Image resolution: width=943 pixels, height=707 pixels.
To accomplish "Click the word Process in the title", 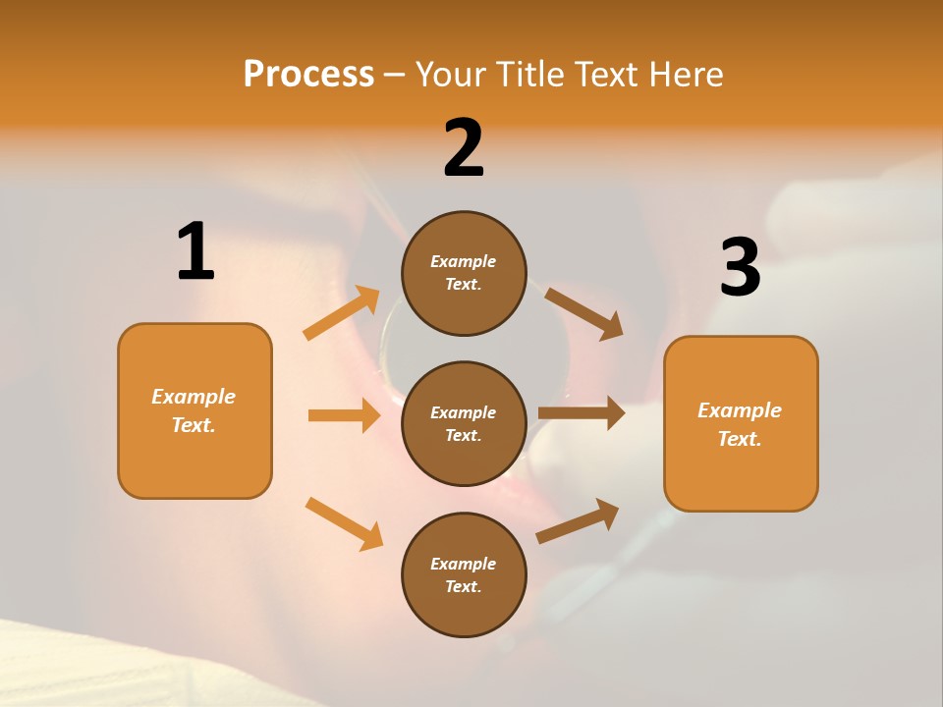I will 308,75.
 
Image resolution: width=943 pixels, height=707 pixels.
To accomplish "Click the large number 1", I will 195,252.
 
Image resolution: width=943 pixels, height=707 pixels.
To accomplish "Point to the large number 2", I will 464,148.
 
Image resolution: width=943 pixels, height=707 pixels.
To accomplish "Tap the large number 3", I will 741,267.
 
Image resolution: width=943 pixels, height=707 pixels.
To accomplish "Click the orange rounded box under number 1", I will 194,410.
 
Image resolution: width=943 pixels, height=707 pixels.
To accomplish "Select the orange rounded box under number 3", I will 741,424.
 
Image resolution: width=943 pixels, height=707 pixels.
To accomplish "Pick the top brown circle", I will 464,273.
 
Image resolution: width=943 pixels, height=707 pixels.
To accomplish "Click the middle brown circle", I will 464,424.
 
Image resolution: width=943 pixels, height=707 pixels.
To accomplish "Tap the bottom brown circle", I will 464,575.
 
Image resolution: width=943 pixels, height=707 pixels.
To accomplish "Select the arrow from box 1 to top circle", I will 342,313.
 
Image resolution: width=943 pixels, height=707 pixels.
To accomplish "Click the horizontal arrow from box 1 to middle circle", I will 344,415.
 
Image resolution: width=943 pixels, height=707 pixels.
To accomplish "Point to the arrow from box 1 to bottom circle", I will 344,523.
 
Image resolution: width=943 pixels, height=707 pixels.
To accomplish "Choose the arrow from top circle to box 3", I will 584,313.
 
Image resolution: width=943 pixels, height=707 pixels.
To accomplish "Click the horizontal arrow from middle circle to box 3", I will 582,413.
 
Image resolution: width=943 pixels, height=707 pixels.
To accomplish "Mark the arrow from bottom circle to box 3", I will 578,520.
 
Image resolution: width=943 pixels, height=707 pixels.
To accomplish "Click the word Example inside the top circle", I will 464,262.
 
